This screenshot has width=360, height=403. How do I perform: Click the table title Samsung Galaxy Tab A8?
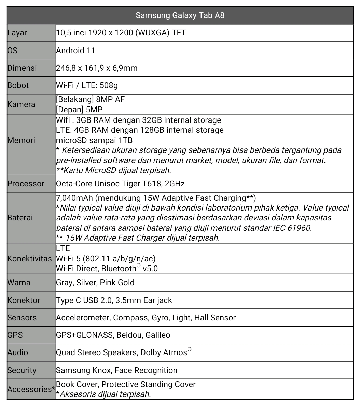coord(180,15)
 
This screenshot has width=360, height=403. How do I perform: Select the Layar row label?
coord(17,33)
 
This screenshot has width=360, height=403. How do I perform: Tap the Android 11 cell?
coord(75,51)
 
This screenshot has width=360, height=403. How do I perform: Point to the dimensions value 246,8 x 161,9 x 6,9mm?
coord(97,68)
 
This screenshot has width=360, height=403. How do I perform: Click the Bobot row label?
coord(18,85)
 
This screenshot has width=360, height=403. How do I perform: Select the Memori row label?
coord(21,140)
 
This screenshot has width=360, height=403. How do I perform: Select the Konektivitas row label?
coord(29,259)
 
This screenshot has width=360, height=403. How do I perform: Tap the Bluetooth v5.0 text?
coord(129,269)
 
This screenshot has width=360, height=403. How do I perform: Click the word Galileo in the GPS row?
coord(157,335)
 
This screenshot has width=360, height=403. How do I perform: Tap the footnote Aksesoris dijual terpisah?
coord(105,394)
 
